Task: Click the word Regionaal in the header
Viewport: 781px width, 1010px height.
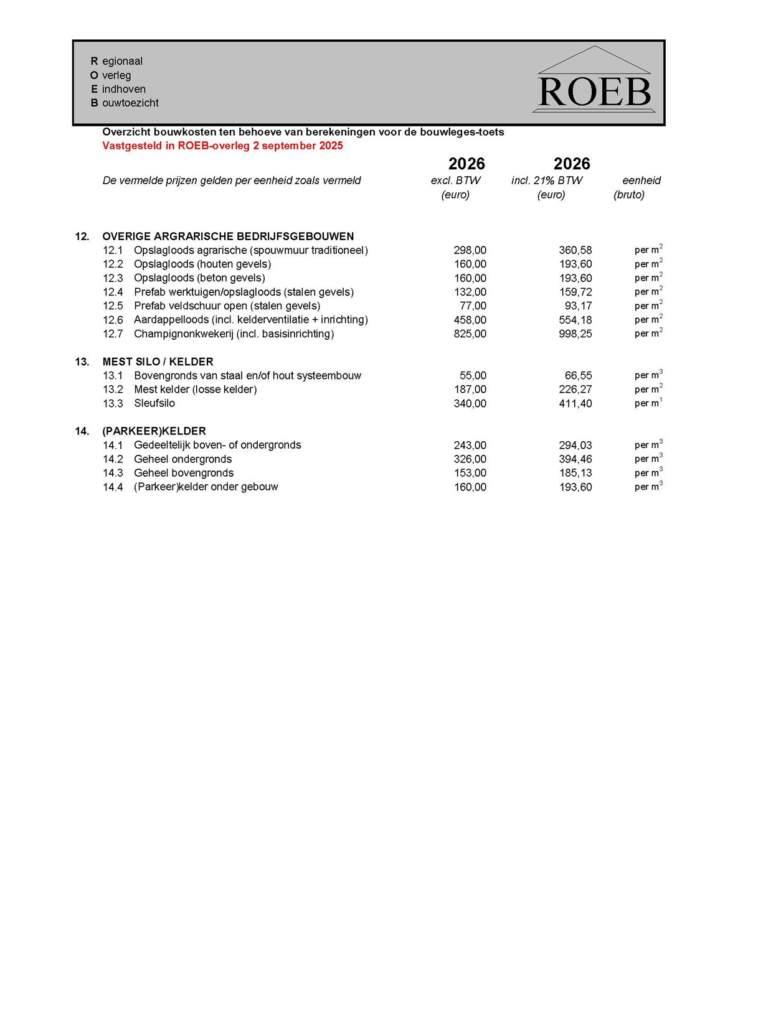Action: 116,61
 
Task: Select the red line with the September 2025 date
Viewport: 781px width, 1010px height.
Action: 222,146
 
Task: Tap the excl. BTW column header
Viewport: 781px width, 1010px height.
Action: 455,180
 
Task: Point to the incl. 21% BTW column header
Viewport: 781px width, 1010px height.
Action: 547,180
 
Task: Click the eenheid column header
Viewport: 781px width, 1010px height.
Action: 641,180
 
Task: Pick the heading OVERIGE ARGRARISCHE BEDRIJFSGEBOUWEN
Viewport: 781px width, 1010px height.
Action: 228,236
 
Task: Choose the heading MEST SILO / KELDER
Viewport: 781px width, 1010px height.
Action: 158,362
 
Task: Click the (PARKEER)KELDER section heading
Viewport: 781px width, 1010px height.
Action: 154,431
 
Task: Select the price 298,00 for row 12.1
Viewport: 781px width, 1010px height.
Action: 470,250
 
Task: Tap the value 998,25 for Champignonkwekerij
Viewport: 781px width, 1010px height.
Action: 575,334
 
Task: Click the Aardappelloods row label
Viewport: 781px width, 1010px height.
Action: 250,320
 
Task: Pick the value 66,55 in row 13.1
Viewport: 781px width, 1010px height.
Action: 578,376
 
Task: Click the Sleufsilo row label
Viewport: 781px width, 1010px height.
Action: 154,403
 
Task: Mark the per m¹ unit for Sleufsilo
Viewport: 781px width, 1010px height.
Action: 648,403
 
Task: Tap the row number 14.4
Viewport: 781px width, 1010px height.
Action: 113,487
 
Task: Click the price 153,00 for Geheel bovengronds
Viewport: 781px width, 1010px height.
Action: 470,473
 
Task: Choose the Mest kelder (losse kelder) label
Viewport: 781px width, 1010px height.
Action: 195,390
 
